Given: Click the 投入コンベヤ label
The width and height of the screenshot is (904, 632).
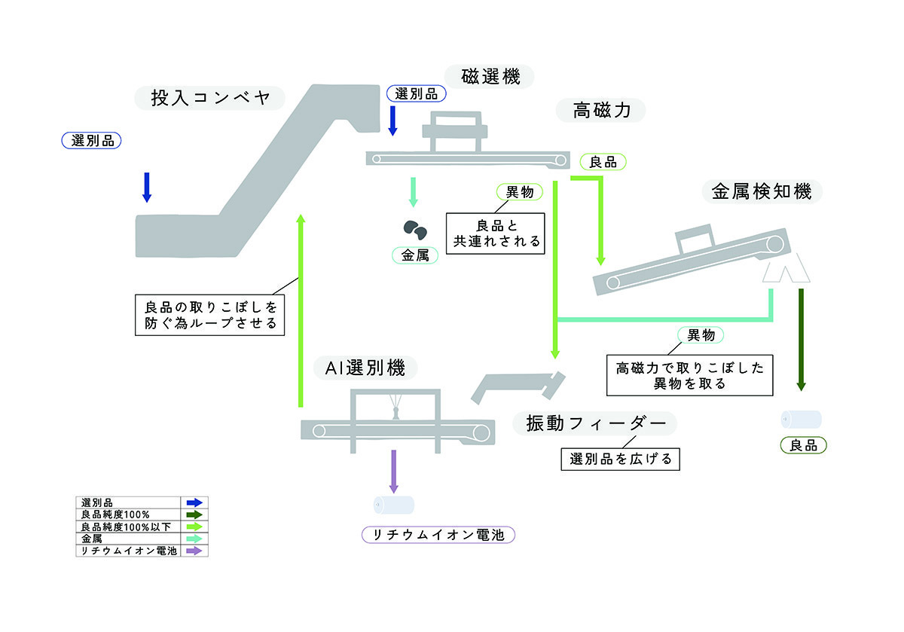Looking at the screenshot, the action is click(x=209, y=98).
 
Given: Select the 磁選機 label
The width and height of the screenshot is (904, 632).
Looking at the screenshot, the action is click(x=490, y=77).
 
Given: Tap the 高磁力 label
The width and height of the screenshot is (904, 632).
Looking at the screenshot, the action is click(x=601, y=110).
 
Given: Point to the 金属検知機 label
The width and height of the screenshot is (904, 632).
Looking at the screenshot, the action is click(x=762, y=191).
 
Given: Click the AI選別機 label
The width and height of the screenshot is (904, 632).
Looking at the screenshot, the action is click(x=365, y=368).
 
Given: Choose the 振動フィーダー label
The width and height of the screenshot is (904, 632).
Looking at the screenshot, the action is click(x=595, y=423).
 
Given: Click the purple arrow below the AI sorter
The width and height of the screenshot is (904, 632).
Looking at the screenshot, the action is click(x=394, y=471).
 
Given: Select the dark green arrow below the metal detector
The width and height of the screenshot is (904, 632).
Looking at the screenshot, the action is click(x=802, y=340).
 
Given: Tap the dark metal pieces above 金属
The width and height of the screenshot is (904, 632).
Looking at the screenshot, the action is click(x=415, y=230).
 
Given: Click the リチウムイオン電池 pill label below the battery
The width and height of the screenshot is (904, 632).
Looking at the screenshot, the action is click(x=438, y=535).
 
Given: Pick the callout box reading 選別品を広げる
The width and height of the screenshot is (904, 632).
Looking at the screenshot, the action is click(x=620, y=459).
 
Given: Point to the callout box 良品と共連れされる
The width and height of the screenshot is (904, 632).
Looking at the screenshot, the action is click(x=496, y=234).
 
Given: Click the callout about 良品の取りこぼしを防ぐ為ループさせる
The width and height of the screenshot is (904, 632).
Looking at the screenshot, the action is click(x=210, y=315).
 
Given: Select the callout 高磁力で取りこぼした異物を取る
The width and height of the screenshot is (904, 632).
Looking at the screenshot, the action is click(x=690, y=375).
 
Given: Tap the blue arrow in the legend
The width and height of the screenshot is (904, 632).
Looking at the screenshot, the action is click(x=194, y=502).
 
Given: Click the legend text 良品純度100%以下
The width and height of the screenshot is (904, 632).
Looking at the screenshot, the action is click(x=126, y=527).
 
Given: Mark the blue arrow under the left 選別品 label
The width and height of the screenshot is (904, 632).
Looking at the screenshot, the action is click(x=147, y=188).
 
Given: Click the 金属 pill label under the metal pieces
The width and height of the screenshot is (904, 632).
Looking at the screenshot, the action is click(x=415, y=255).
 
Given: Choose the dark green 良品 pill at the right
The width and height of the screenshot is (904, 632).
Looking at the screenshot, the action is click(x=804, y=445).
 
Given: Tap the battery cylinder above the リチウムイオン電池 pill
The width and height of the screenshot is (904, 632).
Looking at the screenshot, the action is click(x=394, y=505).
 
